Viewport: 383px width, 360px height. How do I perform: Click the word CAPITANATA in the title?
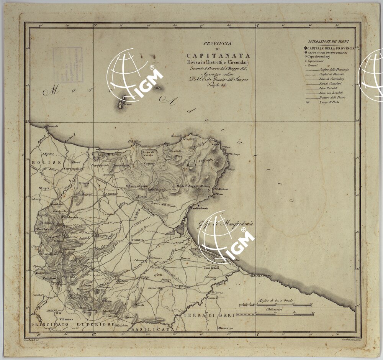click(x=218, y=56)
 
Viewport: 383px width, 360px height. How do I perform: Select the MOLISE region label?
click(x=41, y=163)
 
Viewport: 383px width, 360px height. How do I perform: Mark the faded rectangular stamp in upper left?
click(x=68, y=65)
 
